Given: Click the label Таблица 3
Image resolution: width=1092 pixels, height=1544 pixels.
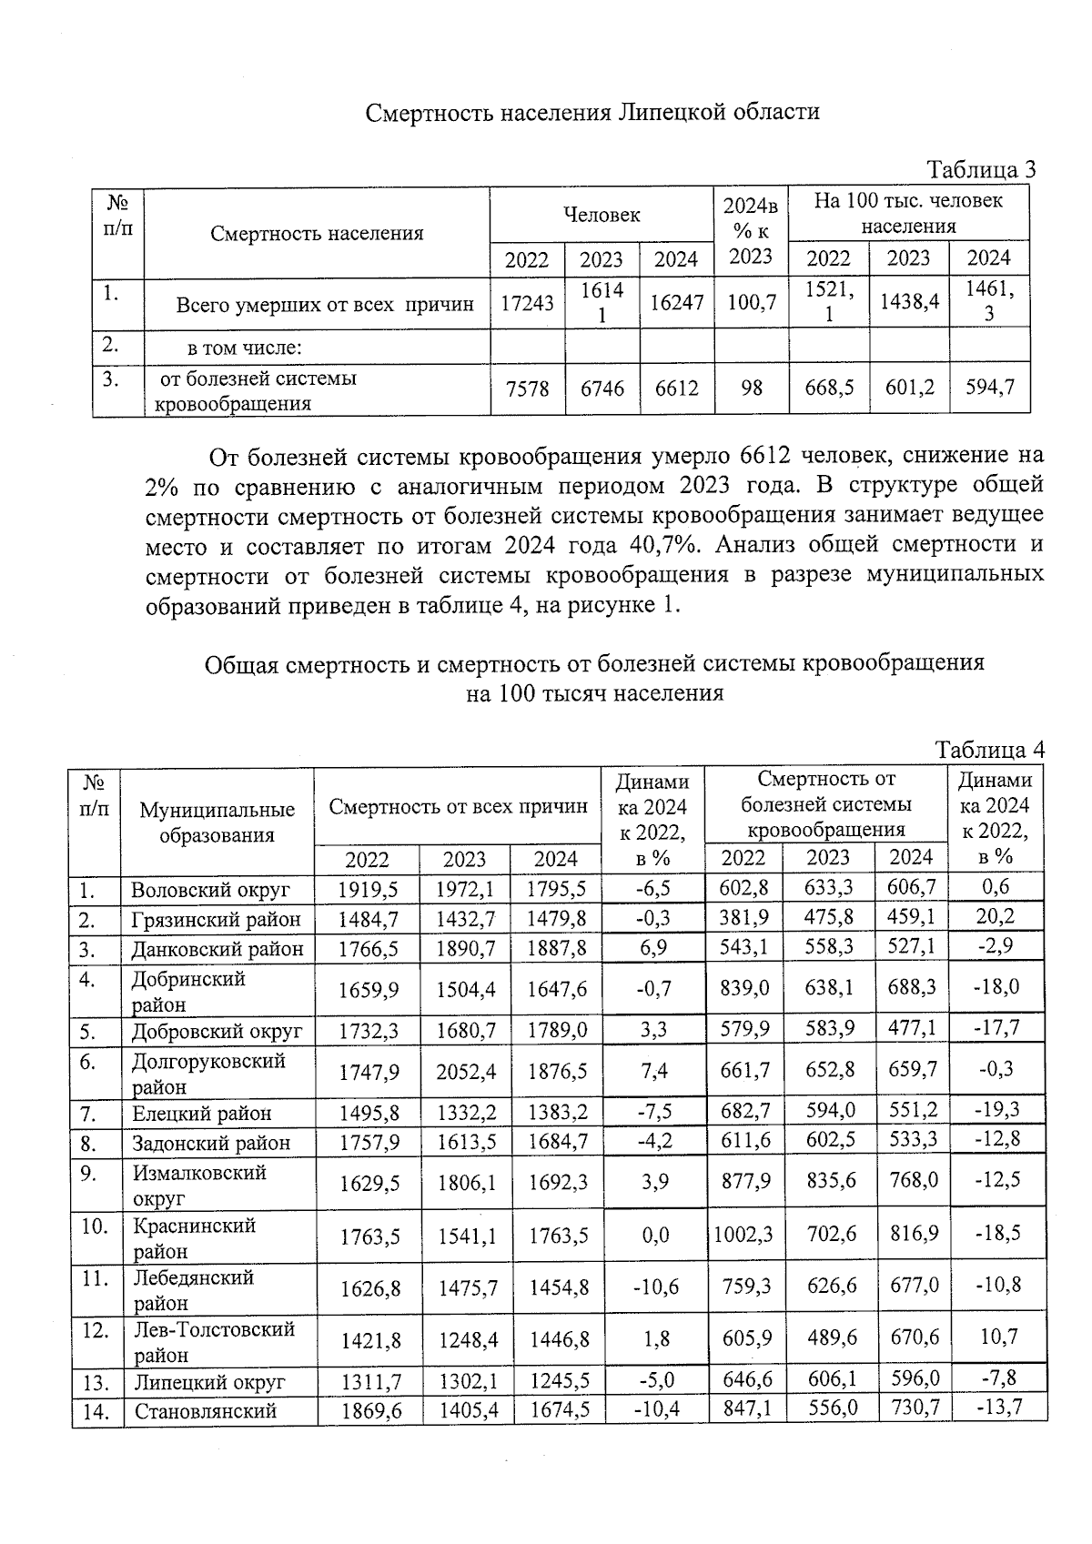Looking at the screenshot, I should (x=980, y=170).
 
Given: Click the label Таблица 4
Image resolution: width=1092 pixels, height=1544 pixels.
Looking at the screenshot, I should (x=989, y=750).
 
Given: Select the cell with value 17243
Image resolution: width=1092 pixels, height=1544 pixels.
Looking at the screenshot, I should (x=527, y=303).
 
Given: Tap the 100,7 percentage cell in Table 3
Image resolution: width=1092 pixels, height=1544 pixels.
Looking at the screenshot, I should (x=751, y=303).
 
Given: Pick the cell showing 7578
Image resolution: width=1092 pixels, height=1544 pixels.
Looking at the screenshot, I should (x=527, y=389).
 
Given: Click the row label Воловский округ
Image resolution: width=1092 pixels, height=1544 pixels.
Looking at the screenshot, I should (x=210, y=889).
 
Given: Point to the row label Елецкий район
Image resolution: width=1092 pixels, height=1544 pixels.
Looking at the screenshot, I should (x=202, y=1113).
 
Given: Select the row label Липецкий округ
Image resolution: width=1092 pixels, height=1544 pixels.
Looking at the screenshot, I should (x=209, y=1382).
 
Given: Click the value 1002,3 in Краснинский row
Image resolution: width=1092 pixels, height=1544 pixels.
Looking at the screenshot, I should (x=743, y=1235).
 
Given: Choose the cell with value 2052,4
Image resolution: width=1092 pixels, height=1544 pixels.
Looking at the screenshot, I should (x=466, y=1072).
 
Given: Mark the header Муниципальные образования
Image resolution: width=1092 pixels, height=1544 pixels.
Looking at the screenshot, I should (x=217, y=822).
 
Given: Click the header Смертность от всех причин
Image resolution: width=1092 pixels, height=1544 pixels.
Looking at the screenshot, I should (x=458, y=806).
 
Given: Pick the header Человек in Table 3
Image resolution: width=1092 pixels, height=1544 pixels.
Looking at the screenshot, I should (x=601, y=215).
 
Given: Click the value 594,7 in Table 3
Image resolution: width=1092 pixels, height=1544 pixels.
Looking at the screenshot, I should (x=988, y=388).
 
